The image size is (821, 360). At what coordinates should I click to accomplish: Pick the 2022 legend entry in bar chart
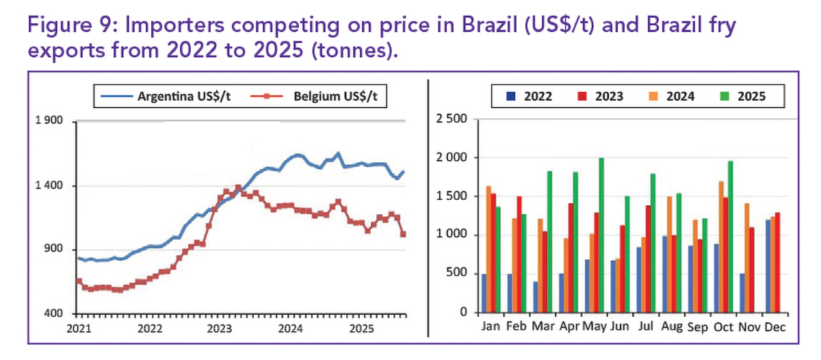click(530, 97)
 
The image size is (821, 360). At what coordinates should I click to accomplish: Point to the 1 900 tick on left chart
click(49, 121)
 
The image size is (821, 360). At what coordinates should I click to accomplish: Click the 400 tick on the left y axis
click(54, 313)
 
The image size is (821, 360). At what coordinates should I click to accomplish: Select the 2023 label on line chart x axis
click(220, 327)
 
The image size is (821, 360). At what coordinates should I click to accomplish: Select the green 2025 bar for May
click(601, 235)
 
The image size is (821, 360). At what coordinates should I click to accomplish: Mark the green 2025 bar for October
click(731, 237)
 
